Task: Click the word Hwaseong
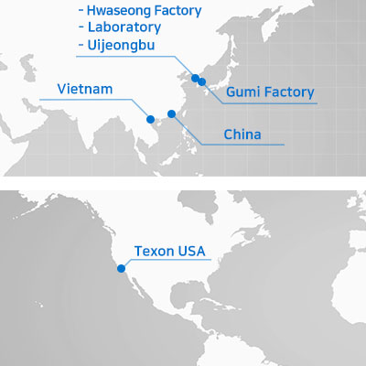coord(119,11)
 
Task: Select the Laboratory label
coord(124,27)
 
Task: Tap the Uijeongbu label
coord(121,45)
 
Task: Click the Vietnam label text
coord(85,89)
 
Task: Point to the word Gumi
coord(243,91)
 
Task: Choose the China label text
coord(242,135)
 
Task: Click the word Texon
coord(154,251)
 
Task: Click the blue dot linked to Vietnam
coord(150,119)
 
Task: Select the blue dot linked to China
coord(172,114)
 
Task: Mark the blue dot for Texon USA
coord(121,268)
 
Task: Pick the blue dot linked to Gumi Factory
coord(202,81)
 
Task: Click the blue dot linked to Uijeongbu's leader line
coord(195,79)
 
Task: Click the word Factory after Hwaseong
coord(178,11)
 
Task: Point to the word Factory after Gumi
coord(289,92)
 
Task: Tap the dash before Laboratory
coord(81,27)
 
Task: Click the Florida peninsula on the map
coord(208,283)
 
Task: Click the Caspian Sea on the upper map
coord(28,68)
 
